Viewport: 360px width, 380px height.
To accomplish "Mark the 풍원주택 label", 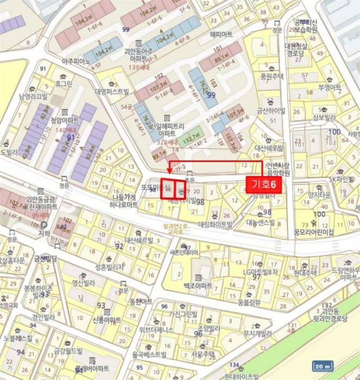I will [272, 77].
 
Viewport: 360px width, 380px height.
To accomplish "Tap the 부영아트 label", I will [330, 87].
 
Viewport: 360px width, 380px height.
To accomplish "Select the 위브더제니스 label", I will [156, 330].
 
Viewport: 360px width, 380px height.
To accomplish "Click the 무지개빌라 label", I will [257, 333].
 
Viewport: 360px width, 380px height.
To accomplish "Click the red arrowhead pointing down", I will [169, 170].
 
